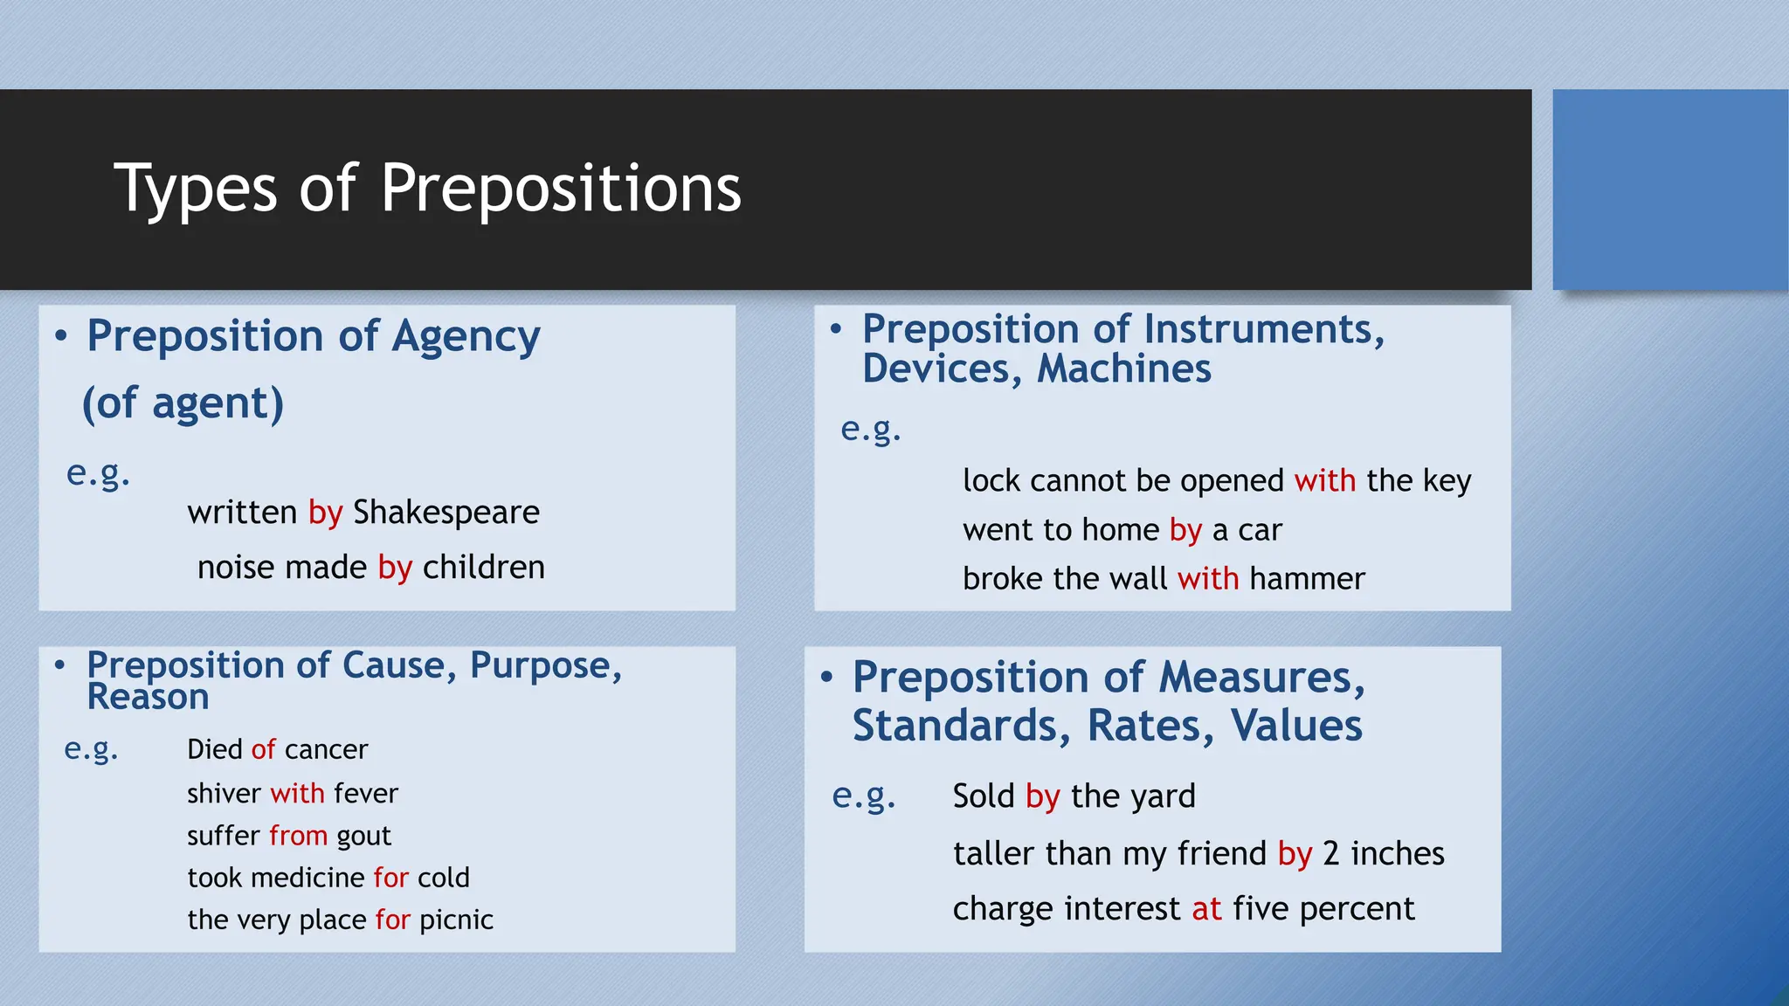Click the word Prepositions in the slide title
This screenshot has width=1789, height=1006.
[560, 189]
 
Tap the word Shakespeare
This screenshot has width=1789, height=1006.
[446, 513]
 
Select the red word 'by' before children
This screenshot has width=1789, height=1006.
[395, 568]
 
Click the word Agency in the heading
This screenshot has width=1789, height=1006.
[466, 337]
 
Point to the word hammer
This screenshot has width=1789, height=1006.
[1307, 579]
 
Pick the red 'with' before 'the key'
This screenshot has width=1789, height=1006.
[1324, 481]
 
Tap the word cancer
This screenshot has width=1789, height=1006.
[326, 750]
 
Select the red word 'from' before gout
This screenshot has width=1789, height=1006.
[298, 836]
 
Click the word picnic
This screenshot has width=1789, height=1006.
[456, 920]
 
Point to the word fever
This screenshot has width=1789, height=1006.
[366, 794]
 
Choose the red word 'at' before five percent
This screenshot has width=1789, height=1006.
[1206, 909]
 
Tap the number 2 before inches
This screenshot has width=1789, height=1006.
[1330, 854]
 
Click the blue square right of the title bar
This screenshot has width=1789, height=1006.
[1669, 189]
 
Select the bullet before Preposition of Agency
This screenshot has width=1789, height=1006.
[60, 336]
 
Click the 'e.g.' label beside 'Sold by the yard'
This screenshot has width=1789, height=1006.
[863, 796]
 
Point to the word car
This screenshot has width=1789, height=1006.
[1260, 530]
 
